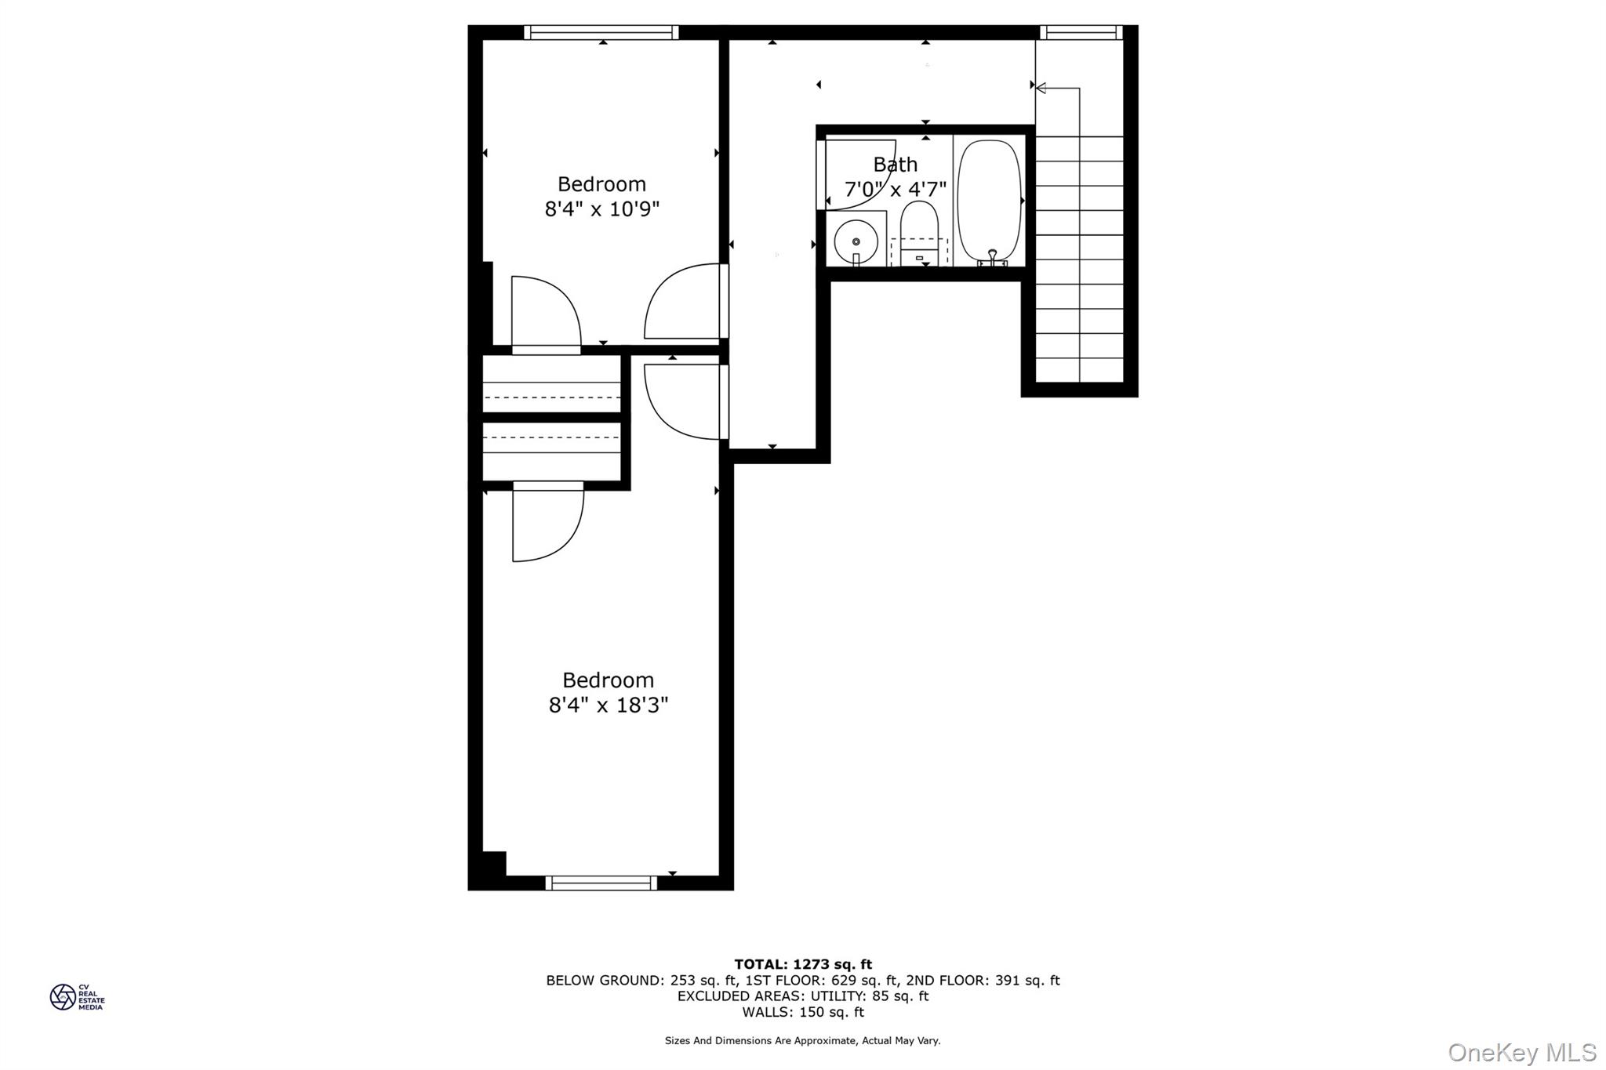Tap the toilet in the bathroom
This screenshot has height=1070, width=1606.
click(x=919, y=227)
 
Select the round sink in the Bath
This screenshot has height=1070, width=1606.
click(x=856, y=242)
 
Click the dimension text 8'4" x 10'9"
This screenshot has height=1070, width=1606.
click(x=602, y=209)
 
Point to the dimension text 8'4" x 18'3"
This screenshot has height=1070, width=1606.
click(x=609, y=705)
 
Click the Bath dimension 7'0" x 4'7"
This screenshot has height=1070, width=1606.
click(x=895, y=190)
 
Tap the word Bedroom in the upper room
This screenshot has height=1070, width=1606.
click(x=601, y=184)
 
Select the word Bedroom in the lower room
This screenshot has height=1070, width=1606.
click(x=608, y=680)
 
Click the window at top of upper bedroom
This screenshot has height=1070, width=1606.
click(x=601, y=32)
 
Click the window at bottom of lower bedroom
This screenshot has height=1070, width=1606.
click(x=601, y=883)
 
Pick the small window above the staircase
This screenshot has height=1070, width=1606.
click(x=1080, y=32)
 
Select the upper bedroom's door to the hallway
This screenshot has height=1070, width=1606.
click(x=684, y=302)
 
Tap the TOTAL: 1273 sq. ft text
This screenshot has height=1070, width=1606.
click(x=803, y=964)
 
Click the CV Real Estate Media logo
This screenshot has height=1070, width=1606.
click(x=77, y=997)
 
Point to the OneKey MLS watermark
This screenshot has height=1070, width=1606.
click(x=1521, y=1052)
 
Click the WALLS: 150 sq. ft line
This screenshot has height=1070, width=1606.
click(x=803, y=1012)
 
